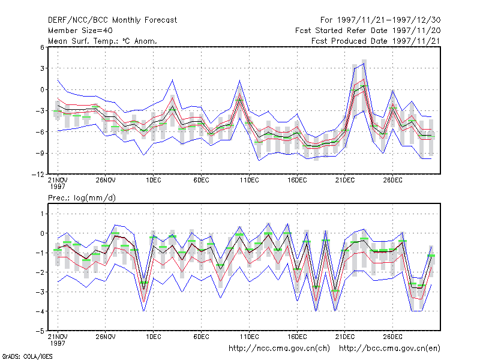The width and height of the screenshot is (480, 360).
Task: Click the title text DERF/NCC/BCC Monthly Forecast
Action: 112,20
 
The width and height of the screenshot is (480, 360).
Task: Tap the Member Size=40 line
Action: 80,31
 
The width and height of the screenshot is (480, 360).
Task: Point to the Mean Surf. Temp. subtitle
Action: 102,41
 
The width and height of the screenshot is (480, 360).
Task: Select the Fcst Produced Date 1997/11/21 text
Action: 376,41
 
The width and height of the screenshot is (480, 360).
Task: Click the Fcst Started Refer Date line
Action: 368,31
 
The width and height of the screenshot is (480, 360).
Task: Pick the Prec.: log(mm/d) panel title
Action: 82,198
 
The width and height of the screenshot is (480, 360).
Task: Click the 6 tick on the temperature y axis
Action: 42,47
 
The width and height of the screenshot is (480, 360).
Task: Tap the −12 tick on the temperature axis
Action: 38,174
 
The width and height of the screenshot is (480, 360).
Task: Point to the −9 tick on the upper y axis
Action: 40,153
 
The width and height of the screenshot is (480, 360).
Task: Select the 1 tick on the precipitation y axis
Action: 42,214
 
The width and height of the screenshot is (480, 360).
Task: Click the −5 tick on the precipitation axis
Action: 40,331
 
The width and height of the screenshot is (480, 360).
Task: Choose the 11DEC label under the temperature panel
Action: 249,181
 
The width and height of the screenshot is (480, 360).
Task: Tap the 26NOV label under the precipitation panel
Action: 106,337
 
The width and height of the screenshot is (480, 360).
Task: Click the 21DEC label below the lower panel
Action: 344,337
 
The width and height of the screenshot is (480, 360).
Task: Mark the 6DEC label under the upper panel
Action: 201,181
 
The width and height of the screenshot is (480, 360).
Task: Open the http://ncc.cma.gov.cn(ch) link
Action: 279,349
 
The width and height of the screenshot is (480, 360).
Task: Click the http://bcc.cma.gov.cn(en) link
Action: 389,349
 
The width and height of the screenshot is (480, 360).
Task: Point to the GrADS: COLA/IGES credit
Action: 27,356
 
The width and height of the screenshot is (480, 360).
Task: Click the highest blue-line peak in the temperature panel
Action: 364,64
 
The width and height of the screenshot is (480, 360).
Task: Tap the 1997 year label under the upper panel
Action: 58,187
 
